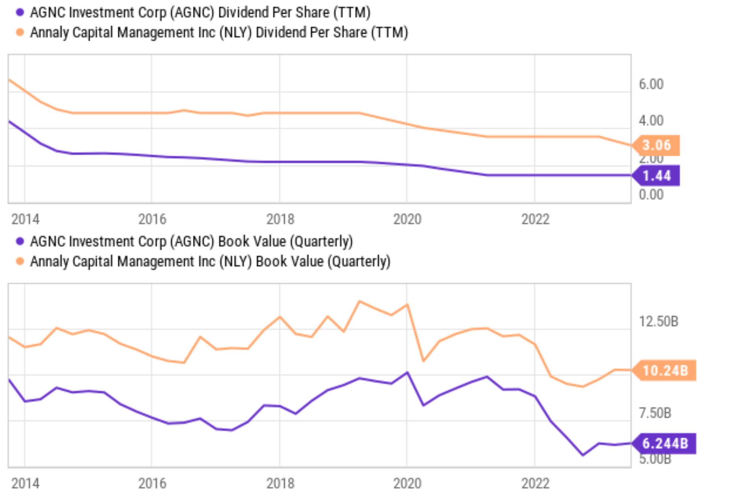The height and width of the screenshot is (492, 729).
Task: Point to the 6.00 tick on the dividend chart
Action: (651, 84)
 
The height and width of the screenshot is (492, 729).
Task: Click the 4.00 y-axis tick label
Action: (651, 121)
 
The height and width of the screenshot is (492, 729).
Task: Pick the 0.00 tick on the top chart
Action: (651, 195)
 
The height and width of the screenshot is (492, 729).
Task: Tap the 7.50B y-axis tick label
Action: (655, 413)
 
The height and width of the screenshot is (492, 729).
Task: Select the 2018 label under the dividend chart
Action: (280, 219)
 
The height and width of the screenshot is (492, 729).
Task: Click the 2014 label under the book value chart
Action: (25, 483)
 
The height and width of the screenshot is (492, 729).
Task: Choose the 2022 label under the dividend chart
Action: (535, 219)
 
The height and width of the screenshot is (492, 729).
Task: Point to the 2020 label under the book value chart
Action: (407, 483)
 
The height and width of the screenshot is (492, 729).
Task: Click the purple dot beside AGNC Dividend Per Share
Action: (20, 12)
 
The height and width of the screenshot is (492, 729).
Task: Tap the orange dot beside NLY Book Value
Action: (20, 261)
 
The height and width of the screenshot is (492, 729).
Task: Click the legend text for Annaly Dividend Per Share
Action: (219, 33)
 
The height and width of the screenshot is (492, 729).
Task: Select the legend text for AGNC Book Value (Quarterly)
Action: (191, 241)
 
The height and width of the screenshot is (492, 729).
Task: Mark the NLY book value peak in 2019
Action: (359, 301)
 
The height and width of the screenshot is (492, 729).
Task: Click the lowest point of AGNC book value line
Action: (583, 455)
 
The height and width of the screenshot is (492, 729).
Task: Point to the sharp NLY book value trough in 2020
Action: (423, 361)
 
